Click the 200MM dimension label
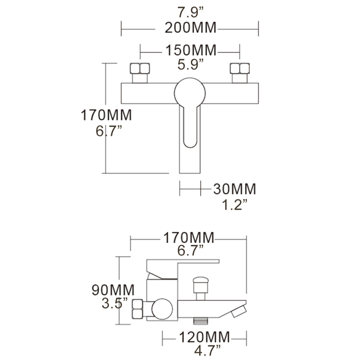[x=190, y=28]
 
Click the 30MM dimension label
[x=234, y=189]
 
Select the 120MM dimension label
[x=204, y=337]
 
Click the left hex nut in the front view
[x=139, y=68]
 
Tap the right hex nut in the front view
[x=240, y=68]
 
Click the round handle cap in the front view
[x=190, y=93]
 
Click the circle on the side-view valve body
[x=162, y=309]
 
